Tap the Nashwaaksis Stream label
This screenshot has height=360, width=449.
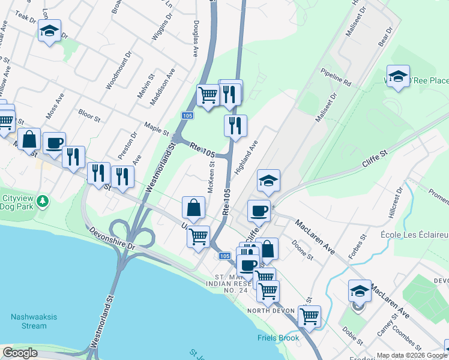tap(28, 322)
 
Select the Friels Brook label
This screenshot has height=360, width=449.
tap(278, 338)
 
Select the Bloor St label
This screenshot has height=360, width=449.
tap(89, 114)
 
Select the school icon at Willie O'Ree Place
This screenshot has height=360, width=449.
tap(398, 76)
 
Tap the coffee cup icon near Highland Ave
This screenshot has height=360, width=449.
tap(259, 211)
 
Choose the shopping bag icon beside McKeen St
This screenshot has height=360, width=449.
tap(194, 208)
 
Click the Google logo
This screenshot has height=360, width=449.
tap(20, 353)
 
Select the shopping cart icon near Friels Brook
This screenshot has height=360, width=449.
tap(309, 315)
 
